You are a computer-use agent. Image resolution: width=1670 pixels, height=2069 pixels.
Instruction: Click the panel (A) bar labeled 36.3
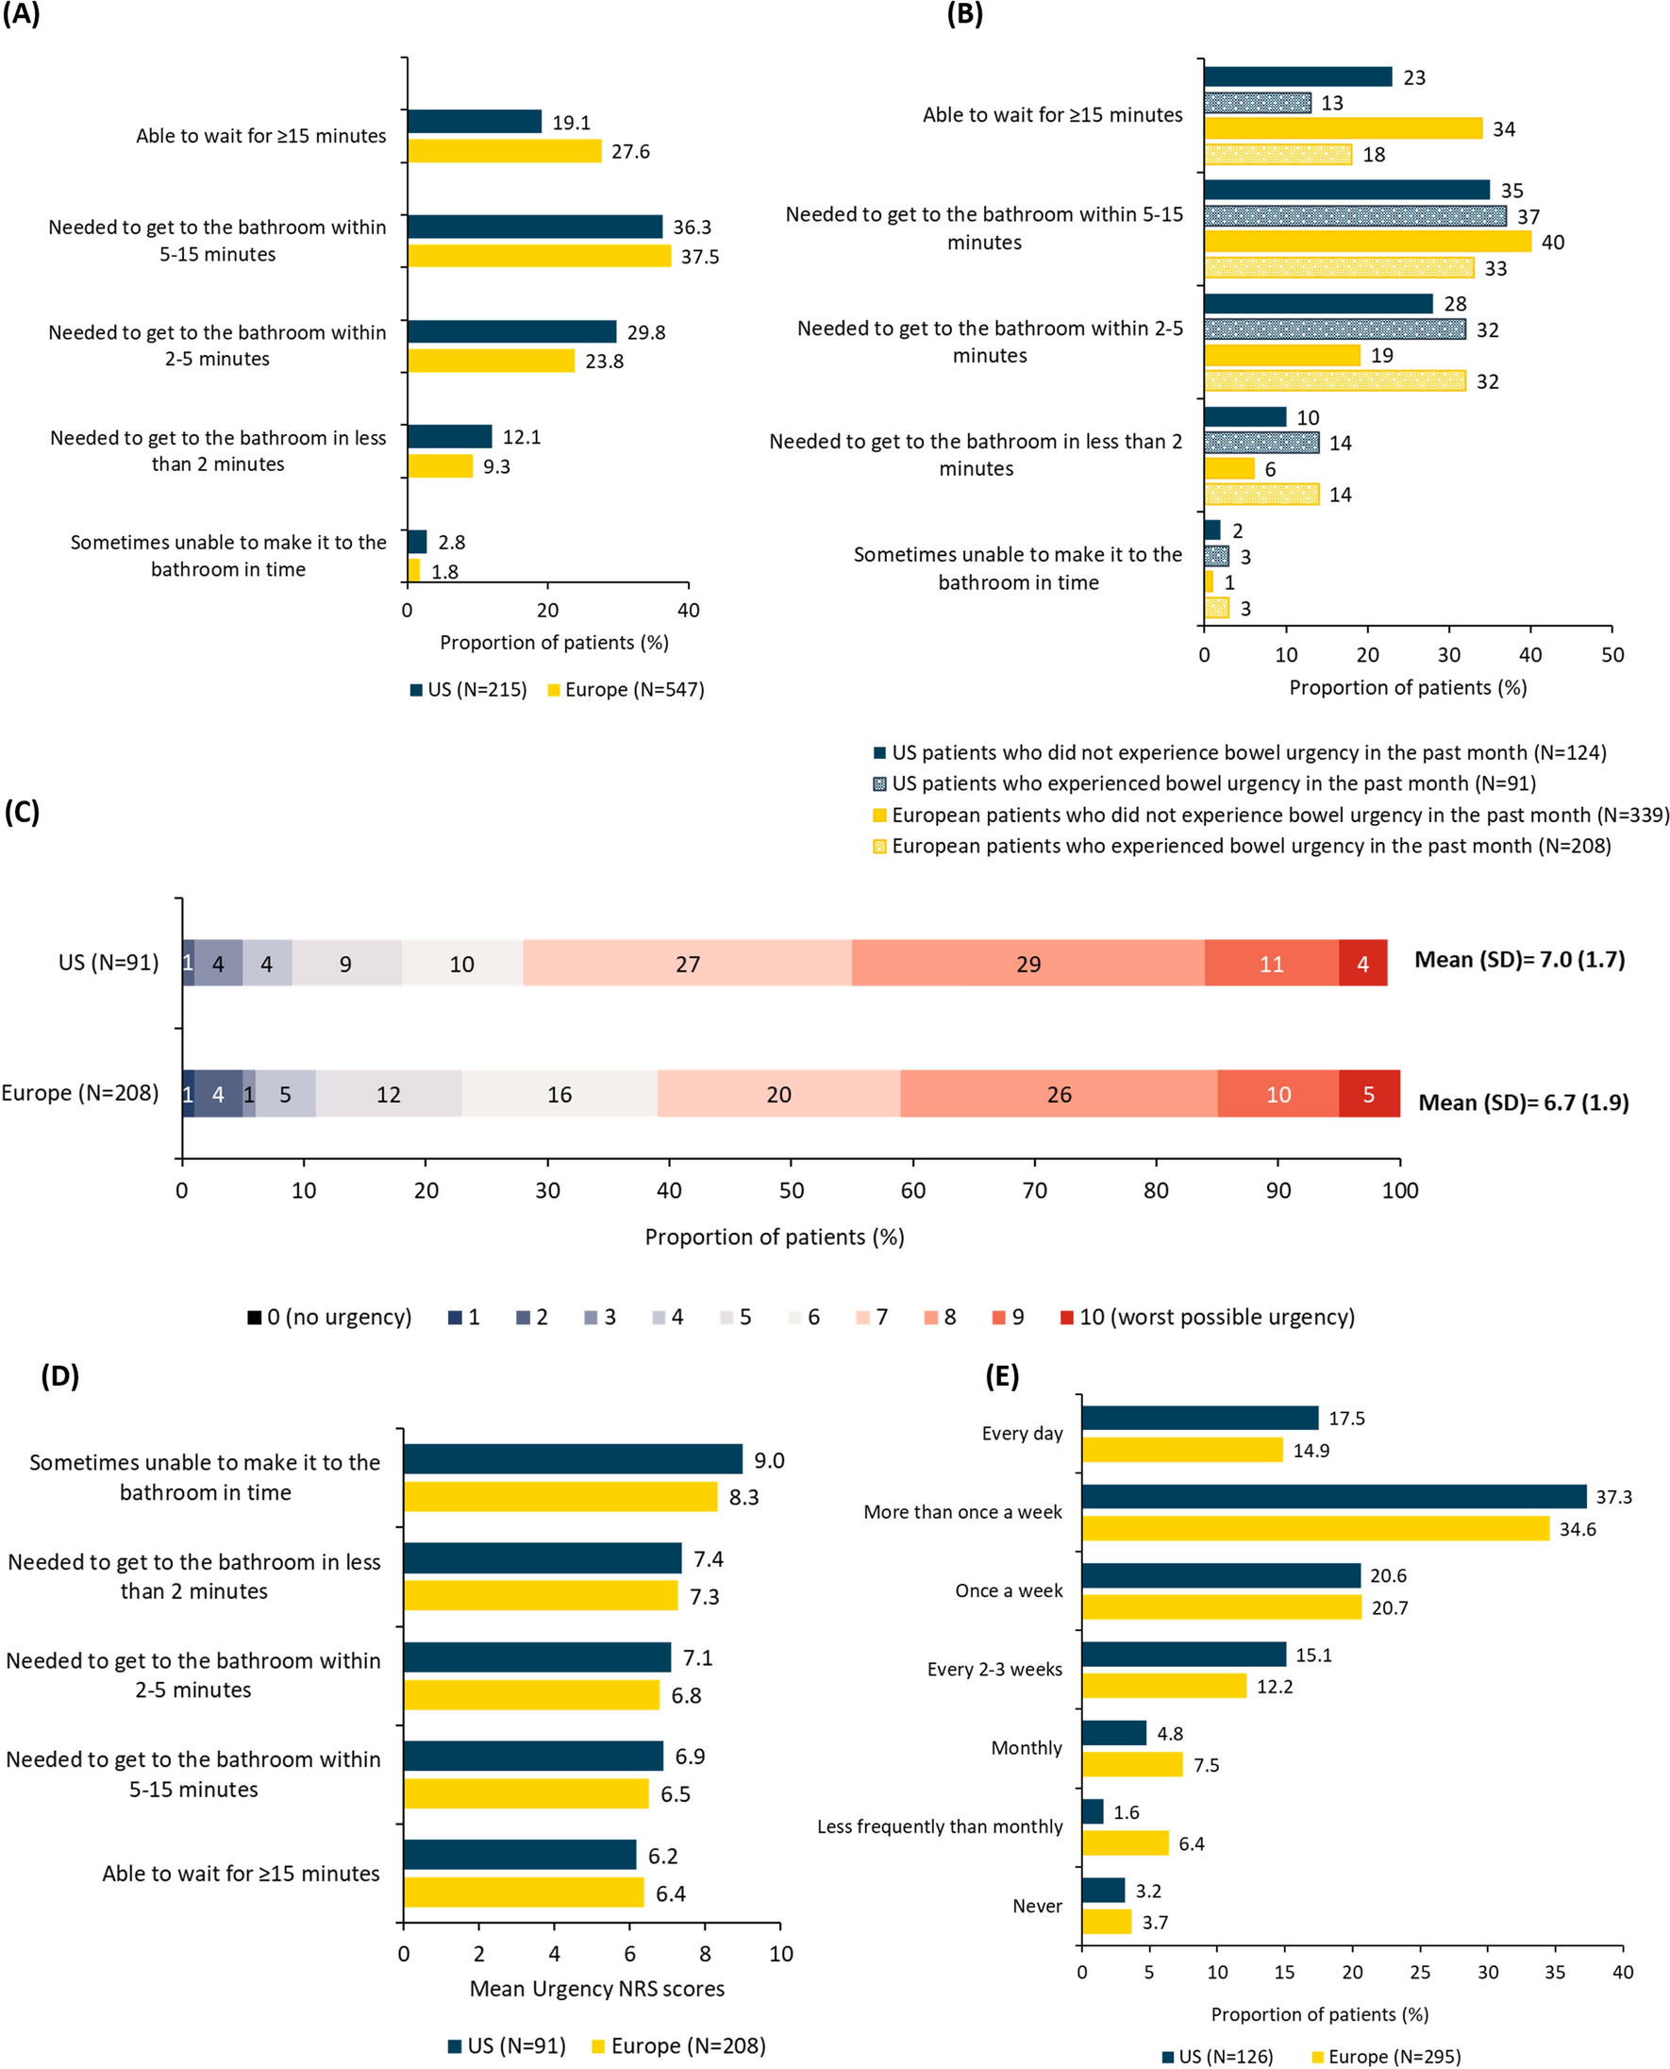click(x=534, y=227)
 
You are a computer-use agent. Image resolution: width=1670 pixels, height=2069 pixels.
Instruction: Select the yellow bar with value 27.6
click(x=504, y=151)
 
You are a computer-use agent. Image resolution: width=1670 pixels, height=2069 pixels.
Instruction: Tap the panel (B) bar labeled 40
click(x=1366, y=242)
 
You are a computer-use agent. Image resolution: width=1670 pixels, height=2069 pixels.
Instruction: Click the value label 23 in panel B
click(x=1413, y=78)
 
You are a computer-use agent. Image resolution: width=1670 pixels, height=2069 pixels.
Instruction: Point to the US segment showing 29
click(x=1027, y=964)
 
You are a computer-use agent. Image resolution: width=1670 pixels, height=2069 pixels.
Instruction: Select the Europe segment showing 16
click(x=559, y=1094)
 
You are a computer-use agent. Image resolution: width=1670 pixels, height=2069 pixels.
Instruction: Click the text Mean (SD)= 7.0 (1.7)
click(x=1519, y=959)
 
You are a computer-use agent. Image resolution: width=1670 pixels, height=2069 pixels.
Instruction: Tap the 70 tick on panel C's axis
click(x=1034, y=1190)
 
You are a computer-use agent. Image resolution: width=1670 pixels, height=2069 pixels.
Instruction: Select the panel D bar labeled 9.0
click(x=573, y=1459)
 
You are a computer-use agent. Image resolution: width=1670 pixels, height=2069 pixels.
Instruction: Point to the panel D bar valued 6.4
click(x=524, y=1892)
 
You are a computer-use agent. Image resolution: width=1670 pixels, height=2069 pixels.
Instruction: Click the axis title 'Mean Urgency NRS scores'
click(x=596, y=1988)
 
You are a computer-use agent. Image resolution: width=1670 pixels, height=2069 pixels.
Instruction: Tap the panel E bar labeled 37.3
click(x=1333, y=1496)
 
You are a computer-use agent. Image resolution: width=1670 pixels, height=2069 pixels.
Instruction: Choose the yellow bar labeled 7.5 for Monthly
click(x=1131, y=1764)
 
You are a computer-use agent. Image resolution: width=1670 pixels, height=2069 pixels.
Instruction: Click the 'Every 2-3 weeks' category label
click(x=994, y=1669)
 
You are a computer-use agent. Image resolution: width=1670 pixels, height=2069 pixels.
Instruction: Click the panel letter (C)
click(x=22, y=811)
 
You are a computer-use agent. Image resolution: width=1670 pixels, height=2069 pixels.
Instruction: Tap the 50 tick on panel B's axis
click(x=1612, y=655)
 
